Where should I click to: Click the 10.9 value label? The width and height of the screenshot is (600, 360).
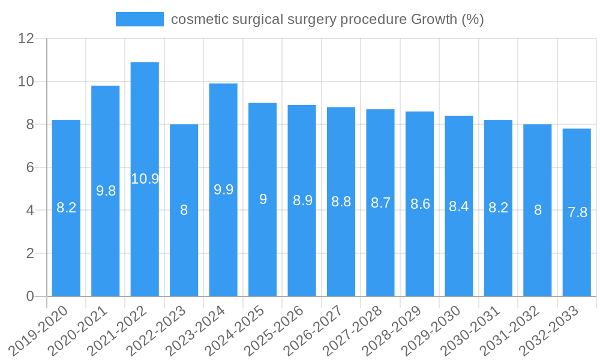(145, 179)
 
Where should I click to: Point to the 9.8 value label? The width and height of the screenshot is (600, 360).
(106, 191)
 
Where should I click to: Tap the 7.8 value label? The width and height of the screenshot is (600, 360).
(577, 212)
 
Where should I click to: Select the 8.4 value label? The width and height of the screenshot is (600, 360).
(459, 206)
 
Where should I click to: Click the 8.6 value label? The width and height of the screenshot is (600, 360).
(420, 204)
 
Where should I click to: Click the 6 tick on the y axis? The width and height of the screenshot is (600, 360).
(30, 167)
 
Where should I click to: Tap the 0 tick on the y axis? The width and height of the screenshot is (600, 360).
(30, 296)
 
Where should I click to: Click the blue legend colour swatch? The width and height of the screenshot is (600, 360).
(139, 19)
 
